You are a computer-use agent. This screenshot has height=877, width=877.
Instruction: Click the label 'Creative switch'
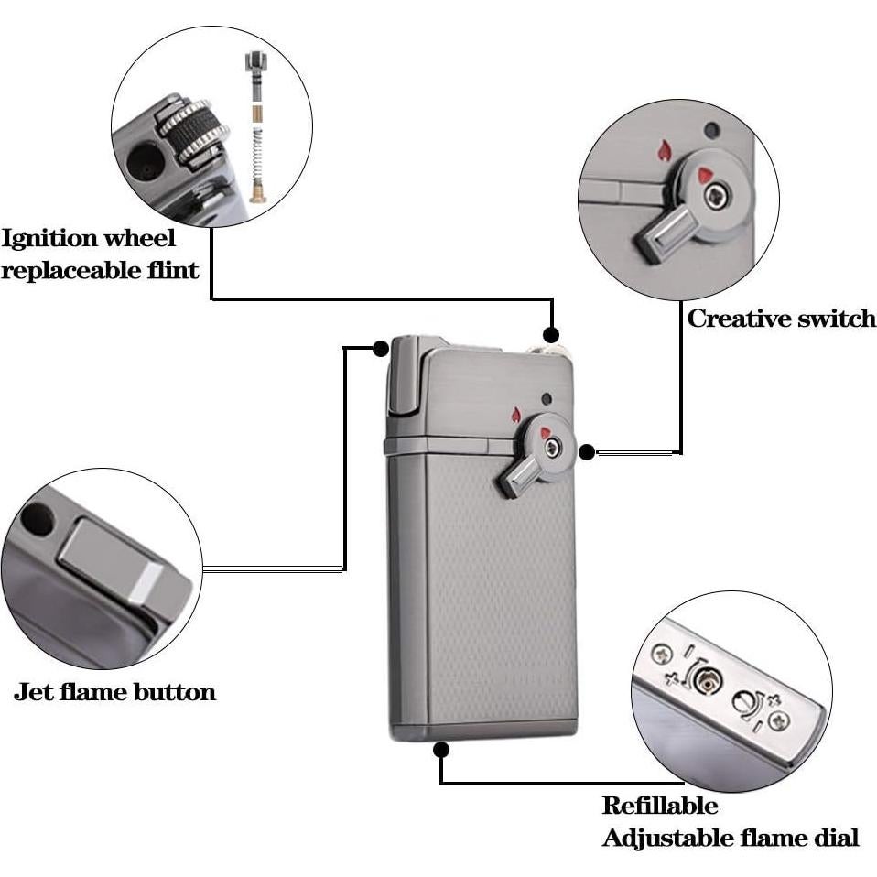point(781,319)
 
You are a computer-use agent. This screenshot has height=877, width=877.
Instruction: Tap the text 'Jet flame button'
point(114,691)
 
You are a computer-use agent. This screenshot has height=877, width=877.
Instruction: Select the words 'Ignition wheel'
point(89,239)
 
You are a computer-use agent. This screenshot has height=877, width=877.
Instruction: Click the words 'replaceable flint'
point(100,271)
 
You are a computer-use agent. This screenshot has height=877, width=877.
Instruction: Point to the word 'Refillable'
point(659,806)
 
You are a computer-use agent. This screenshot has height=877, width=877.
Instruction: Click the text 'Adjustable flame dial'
point(730,837)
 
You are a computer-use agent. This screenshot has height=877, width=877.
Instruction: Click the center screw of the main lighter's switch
point(552,448)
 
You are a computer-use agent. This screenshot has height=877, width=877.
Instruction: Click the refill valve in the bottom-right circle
point(706,679)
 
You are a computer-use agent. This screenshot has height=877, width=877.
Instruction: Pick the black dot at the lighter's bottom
point(441,750)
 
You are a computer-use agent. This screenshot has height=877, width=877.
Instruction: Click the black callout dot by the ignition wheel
point(551,335)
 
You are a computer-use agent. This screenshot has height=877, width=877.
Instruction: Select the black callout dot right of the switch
point(588,450)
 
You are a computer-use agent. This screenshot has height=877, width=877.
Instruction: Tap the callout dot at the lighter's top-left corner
point(381,348)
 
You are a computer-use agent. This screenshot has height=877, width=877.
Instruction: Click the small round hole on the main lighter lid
point(547,398)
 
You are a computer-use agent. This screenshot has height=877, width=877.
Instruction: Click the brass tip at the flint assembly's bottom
point(257,191)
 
